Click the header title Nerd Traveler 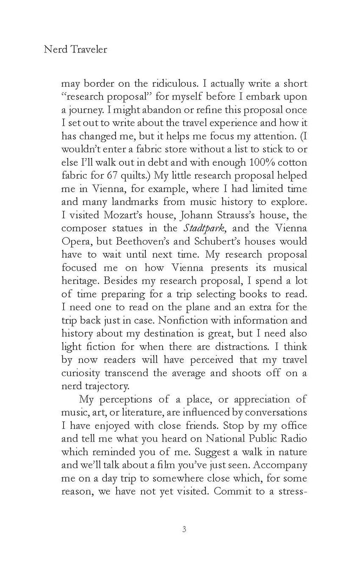[x=75, y=50]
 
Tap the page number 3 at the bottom [x=184, y=529]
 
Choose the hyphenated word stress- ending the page [x=292, y=491]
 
